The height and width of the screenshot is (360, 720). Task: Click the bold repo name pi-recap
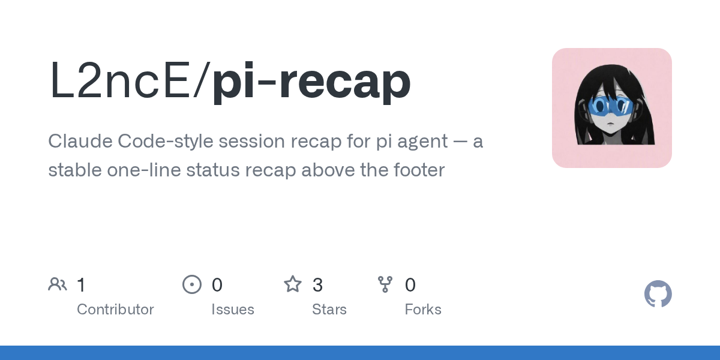(311, 82)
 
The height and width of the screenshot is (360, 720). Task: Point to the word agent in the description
(422, 143)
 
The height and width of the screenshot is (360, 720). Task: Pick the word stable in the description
(75, 170)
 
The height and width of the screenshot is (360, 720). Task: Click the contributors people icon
(58, 284)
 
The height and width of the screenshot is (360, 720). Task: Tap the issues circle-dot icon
(192, 284)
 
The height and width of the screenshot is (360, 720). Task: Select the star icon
(293, 284)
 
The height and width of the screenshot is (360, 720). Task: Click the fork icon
(385, 284)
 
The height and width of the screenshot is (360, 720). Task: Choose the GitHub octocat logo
(658, 294)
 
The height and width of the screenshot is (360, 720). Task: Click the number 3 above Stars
(317, 285)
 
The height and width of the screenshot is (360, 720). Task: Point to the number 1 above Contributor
(81, 285)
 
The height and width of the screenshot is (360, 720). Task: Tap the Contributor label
(115, 310)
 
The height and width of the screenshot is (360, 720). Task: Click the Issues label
(233, 310)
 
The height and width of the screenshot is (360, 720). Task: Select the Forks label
(423, 310)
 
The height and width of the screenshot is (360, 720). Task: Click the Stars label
(329, 310)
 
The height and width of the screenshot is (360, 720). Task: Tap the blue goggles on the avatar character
(611, 106)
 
